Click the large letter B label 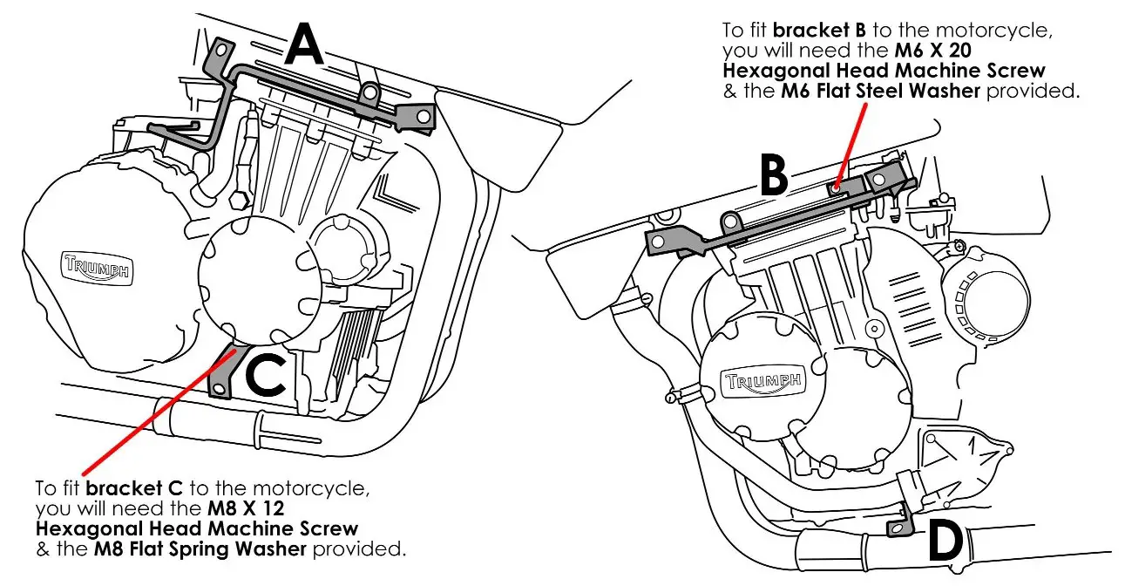tap(772, 177)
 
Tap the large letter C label tap(266, 375)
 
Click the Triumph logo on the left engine tap(97, 267)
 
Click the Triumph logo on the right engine tap(762, 382)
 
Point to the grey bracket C tap(226, 371)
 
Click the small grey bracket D tap(898, 526)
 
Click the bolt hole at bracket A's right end tap(423, 116)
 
